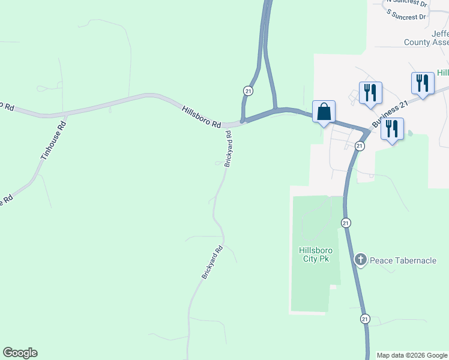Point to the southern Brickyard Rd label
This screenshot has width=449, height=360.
click(212, 262)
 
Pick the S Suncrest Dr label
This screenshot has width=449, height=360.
click(406, 14)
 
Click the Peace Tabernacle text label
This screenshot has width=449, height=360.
click(402, 260)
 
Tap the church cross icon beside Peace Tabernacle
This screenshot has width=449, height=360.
click(360, 260)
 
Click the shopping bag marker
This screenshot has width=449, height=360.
click(324, 112)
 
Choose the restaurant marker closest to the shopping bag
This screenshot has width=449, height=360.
click(370, 92)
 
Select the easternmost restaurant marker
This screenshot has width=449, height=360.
click(423, 83)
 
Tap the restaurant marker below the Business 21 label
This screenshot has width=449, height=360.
click(392, 129)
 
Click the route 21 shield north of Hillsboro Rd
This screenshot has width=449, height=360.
click(248, 90)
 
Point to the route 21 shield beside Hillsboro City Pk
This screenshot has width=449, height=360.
click(345, 223)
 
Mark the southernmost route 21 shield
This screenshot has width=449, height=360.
click(365, 319)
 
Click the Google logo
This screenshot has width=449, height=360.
click(20, 353)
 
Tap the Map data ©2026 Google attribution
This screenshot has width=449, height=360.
click(412, 355)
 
